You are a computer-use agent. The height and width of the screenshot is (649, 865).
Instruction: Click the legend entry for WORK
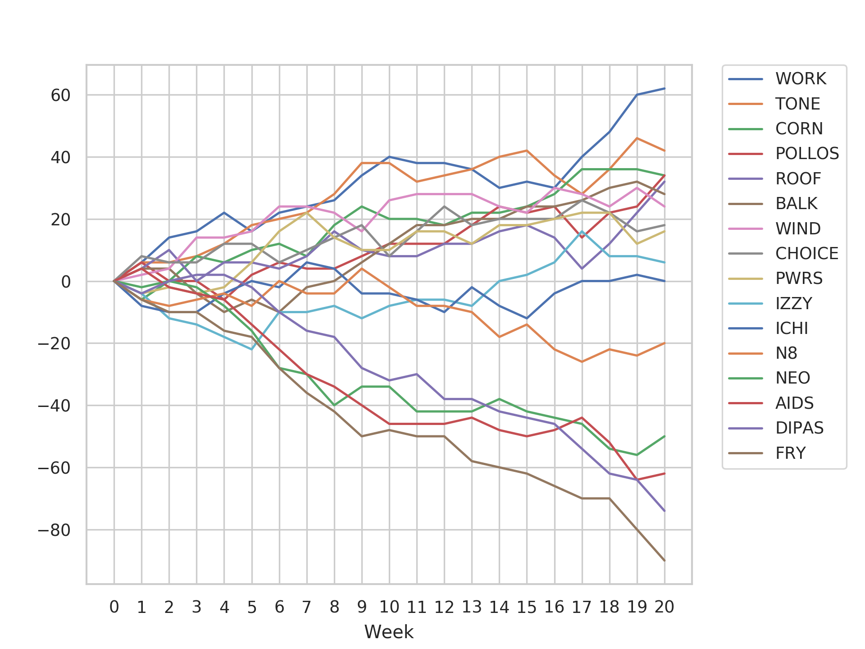(x=800, y=79)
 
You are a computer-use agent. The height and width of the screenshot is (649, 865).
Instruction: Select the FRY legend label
(x=790, y=453)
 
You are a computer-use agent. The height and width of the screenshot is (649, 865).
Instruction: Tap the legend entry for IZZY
(x=793, y=303)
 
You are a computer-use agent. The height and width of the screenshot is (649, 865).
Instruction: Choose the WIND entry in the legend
(x=797, y=229)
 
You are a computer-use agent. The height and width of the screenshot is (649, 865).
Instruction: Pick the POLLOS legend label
(x=807, y=154)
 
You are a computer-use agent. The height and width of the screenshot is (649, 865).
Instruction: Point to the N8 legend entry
(x=786, y=353)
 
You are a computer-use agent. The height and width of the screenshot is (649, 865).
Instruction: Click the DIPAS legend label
(x=799, y=428)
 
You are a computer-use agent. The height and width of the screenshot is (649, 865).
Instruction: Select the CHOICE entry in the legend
(x=806, y=253)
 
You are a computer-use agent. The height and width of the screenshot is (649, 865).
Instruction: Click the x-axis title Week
(x=389, y=632)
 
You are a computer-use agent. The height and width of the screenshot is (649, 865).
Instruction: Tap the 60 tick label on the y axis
(x=61, y=95)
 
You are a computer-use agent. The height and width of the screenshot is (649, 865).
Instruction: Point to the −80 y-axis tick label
(x=55, y=530)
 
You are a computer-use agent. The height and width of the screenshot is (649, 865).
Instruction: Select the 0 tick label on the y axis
(x=66, y=282)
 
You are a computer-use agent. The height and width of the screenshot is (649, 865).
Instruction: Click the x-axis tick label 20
(x=665, y=607)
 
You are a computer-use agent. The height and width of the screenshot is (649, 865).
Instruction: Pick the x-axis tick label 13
(x=472, y=607)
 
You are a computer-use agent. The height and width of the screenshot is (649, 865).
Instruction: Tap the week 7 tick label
(x=307, y=607)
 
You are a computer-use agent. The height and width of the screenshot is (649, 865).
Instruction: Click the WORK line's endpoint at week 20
(x=665, y=88)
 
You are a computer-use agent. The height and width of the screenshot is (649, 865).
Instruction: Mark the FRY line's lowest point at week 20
(x=665, y=561)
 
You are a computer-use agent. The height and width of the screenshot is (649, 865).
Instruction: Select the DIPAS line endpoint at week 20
(x=665, y=511)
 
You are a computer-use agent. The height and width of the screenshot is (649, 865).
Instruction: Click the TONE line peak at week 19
(x=637, y=138)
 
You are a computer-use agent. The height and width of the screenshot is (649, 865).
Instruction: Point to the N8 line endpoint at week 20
(x=665, y=343)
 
